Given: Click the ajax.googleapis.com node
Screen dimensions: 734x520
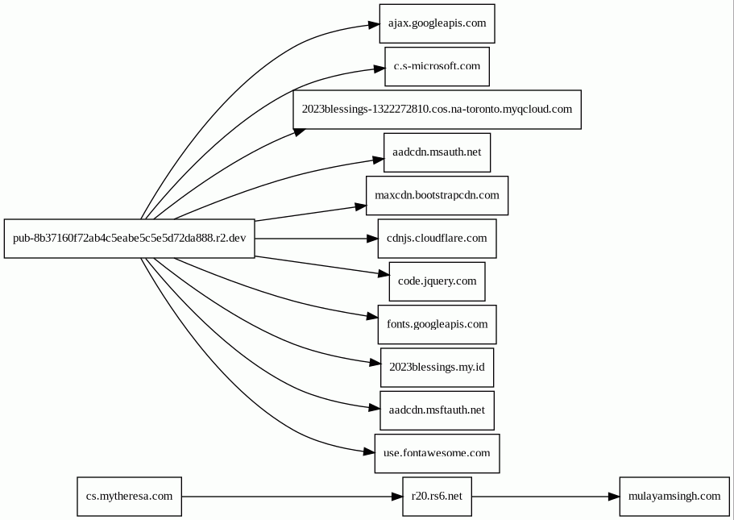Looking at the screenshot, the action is coord(437,23).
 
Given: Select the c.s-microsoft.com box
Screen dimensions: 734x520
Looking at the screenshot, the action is coord(437,67).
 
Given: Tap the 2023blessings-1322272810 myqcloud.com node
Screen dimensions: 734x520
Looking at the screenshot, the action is coord(437,110).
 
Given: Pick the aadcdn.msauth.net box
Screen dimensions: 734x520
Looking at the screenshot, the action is coord(437,152).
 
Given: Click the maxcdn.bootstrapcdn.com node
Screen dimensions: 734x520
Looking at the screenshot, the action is coord(437,195).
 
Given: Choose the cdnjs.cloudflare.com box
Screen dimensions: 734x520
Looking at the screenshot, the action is coord(437,239).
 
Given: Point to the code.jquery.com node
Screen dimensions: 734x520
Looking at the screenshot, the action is coord(437,281).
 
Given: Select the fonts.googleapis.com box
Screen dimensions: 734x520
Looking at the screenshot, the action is coord(437,325).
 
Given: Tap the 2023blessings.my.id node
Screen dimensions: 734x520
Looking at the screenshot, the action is coord(437,368).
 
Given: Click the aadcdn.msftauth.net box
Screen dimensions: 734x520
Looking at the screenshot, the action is coord(437,410).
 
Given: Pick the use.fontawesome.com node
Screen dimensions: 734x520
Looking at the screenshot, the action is coord(437,453).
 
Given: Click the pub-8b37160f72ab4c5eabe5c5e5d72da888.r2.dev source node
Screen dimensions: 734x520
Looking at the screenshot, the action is coord(129,239).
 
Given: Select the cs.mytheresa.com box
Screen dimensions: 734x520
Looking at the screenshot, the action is coord(129,497).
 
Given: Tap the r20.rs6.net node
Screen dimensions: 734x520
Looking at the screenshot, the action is coord(437,497).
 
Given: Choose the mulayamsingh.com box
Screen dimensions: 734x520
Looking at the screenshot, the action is coord(674,497).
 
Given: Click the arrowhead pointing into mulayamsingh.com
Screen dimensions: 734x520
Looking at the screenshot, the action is coord(614,497).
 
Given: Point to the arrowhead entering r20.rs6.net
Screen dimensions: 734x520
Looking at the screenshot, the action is coord(396,497).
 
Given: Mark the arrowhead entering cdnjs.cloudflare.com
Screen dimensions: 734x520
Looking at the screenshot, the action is coord(372,239).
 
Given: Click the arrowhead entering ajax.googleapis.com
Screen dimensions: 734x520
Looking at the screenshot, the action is coord(374,24).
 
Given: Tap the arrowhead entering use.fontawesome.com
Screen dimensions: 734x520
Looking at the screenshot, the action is coord(369,452).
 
